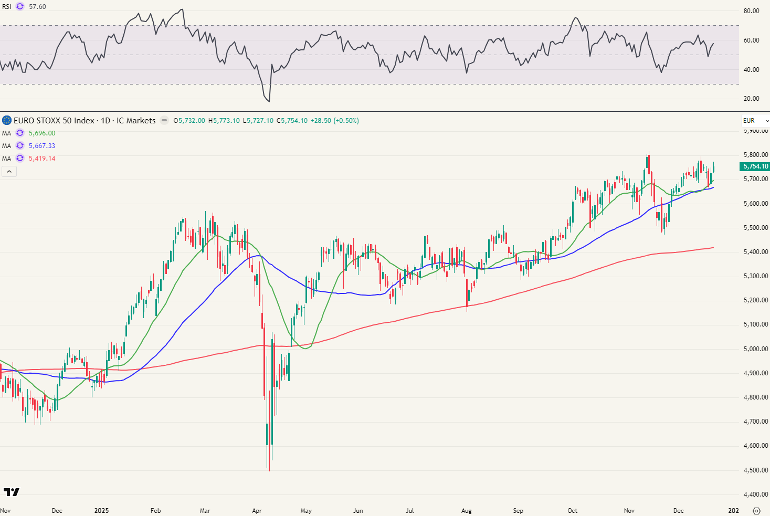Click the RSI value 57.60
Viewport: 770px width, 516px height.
pyautogui.click(x=37, y=7)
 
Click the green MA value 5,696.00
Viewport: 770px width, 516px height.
pyautogui.click(x=42, y=133)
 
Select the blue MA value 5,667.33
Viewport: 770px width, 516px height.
pyautogui.click(x=42, y=146)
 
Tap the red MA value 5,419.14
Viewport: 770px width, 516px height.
pyautogui.click(x=42, y=159)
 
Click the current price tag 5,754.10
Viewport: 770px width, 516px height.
pyautogui.click(x=755, y=166)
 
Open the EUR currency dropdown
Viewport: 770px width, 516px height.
pyautogui.click(x=755, y=121)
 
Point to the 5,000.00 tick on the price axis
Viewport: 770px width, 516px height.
pyautogui.click(x=756, y=349)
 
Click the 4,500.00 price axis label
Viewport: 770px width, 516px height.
pyautogui.click(x=756, y=470)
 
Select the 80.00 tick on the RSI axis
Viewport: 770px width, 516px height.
pyautogui.click(x=752, y=10)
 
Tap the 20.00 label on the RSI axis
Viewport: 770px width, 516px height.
pyautogui.click(x=752, y=99)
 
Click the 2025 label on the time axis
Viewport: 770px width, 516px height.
pyautogui.click(x=101, y=510)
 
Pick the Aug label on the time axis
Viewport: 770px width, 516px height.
pyautogui.click(x=466, y=510)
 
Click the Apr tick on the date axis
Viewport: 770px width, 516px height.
pyautogui.click(x=257, y=510)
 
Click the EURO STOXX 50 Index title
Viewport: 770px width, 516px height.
pyautogui.click(x=54, y=121)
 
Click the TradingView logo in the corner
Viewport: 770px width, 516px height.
pyautogui.click(x=11, y=492)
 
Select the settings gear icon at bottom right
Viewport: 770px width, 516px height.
pyautogui.click(x=756, y=510)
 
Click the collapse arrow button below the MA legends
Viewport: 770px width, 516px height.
pyautogui.click(x=9, y=171)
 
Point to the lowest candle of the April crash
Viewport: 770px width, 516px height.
pyautogui.click(x=269, y=462)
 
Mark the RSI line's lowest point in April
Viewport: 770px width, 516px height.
pyautogui.click(x=269, y=101)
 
